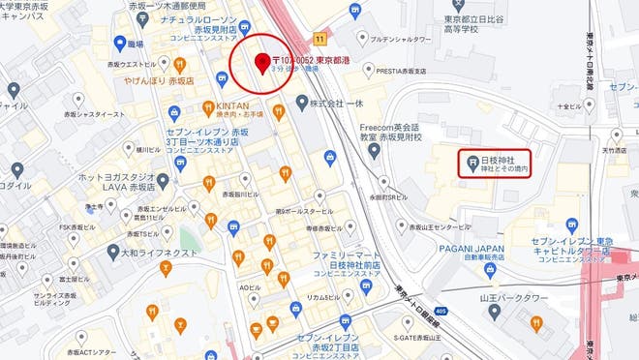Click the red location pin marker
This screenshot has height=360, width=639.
(x=260, y=63)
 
